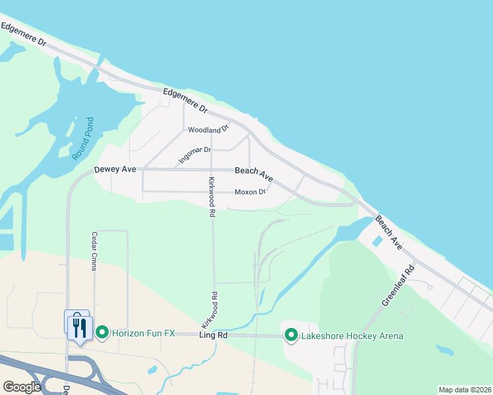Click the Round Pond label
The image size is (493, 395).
pyautogui.click(x=83, y=139)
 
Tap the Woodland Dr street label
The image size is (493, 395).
pyautogui.click(x=208, y=129)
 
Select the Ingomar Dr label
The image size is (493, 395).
pyautogui.click(x=194, y=155)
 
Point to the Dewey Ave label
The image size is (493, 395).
pyautogui.click(x=115, y=169)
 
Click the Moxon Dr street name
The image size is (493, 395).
pyautogui.click(x=250, y=192)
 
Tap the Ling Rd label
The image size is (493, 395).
pyautogui.click(x=213, y=335)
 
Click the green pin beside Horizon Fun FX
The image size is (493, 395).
pyautogui.click(x=101, y=333)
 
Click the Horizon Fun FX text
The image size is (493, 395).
pyautogui.click(x=143, y=334)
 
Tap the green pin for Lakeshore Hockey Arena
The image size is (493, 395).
pyautogui.click(x=291, y=336)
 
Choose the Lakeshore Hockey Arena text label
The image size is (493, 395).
pyautogui.click(x=352, y=336)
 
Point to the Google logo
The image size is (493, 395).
pyautogui.click(x=22, y=386)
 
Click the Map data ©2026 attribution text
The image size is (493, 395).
pyautogui.click(x=465, y=390)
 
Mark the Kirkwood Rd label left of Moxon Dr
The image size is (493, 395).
pyautogui.click(x=212, y=197)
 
